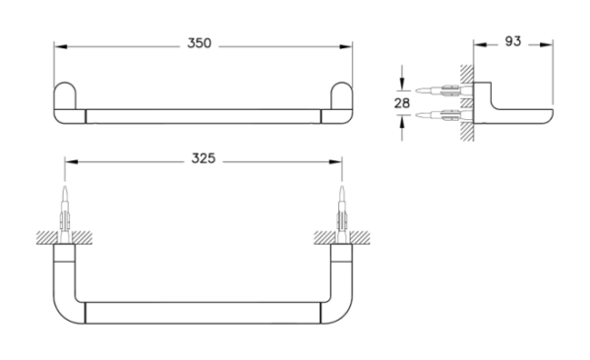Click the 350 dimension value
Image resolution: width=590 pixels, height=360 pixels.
click(199, 43)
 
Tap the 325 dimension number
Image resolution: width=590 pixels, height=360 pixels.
click(204, 158)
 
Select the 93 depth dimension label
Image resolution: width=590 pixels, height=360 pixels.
click(513, 41)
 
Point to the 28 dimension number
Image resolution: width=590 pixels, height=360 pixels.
click(402, 103)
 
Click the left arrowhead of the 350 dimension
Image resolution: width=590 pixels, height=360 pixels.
click(61, 46)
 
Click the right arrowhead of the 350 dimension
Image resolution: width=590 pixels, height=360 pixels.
click(346, 46)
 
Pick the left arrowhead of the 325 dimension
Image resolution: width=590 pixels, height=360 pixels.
click(72, 162)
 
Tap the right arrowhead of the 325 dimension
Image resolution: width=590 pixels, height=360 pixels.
click(335, 162)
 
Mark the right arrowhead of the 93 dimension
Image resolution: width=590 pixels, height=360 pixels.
click(547, 45)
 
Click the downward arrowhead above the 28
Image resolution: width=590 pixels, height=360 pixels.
click(402, 84)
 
